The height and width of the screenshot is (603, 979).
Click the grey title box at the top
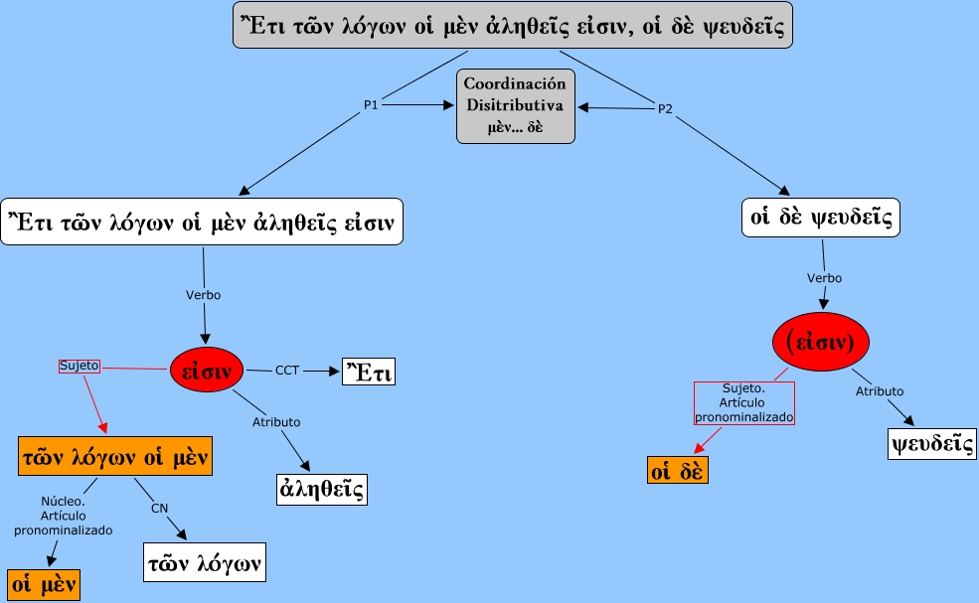pyautogui.click(x=513, y=26)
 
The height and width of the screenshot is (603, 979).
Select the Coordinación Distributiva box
pyautogui.click(x=515, y=106)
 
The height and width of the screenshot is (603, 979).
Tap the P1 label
pyautogui.click(x=371, y=105)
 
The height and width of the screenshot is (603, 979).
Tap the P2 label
pyautogui.click(x=665, y=108)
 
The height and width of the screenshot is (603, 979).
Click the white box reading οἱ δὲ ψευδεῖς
pyautogui.click(x=820, y=217)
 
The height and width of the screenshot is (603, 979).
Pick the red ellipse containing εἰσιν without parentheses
pyautogui.click(x=206, y=372)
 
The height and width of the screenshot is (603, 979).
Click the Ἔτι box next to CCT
pyautogui.click(x=369, y=372)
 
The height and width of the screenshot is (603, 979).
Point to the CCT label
pyautogui.click(x=287, y=371)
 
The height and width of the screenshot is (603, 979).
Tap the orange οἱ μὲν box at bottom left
pyautogui.click(x=43, y=584)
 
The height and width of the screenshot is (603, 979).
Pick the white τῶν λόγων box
pyautogui.click(x=205, y=562)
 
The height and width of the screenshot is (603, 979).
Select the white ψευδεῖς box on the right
pyautogui.click(x=931, y=443)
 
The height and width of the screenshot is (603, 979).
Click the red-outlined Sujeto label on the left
pyautogui.click(x=80, y=366)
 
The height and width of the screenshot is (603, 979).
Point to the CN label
pyautogui.click(x=159, y=509)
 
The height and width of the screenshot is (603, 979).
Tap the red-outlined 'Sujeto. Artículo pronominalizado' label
pyautogui.click(x=744, y=402)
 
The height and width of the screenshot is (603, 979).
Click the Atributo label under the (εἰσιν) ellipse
pyautogui.click(x=880, y=391)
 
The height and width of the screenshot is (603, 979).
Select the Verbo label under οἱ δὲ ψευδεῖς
pyautogui.click(x=824, y=277)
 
